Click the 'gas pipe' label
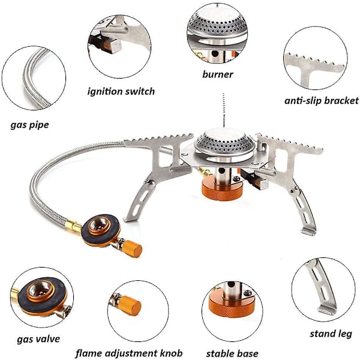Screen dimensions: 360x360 [x=29, y=125]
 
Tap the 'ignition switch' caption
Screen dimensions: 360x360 [x=121, y=91]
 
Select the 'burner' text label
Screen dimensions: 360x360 [x=218, y=74]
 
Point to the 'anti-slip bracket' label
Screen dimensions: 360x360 [x=321, y=101]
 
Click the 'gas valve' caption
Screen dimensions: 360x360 [x=38, y=339]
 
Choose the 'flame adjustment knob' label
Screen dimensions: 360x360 [x=129, y=353]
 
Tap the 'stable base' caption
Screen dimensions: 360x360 [x=232, y=353]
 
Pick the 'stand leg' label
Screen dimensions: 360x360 [x=331, y=334]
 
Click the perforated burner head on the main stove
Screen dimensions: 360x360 [x=224, y=140]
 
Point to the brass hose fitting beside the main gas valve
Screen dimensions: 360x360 [x=73, y=225]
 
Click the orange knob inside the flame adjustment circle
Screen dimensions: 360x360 [x=130, y=306]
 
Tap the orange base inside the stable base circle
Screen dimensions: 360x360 [x=232, y=310]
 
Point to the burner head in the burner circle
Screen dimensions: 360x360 [x=217, y=26]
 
